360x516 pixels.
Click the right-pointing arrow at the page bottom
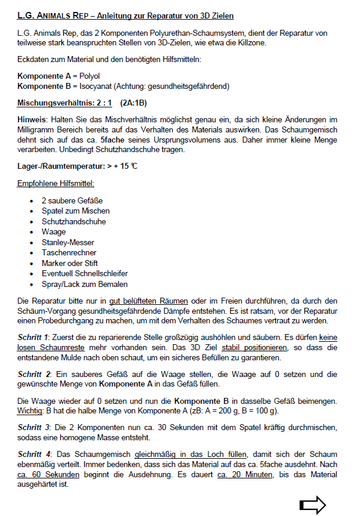point(312,505)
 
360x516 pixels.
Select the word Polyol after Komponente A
point(90,76)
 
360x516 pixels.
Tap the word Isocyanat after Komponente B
point(96,86)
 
